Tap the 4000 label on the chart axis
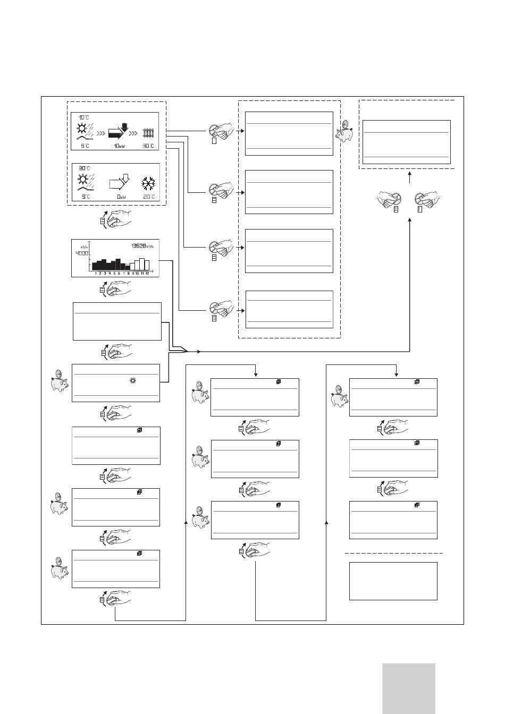81,253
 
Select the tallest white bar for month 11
142,264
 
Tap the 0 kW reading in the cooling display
121,197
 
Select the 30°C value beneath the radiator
148,146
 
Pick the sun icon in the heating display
82,128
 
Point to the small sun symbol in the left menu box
133,380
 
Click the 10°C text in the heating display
84,117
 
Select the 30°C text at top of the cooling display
84,168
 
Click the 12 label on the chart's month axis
147,273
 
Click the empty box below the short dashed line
393,581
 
